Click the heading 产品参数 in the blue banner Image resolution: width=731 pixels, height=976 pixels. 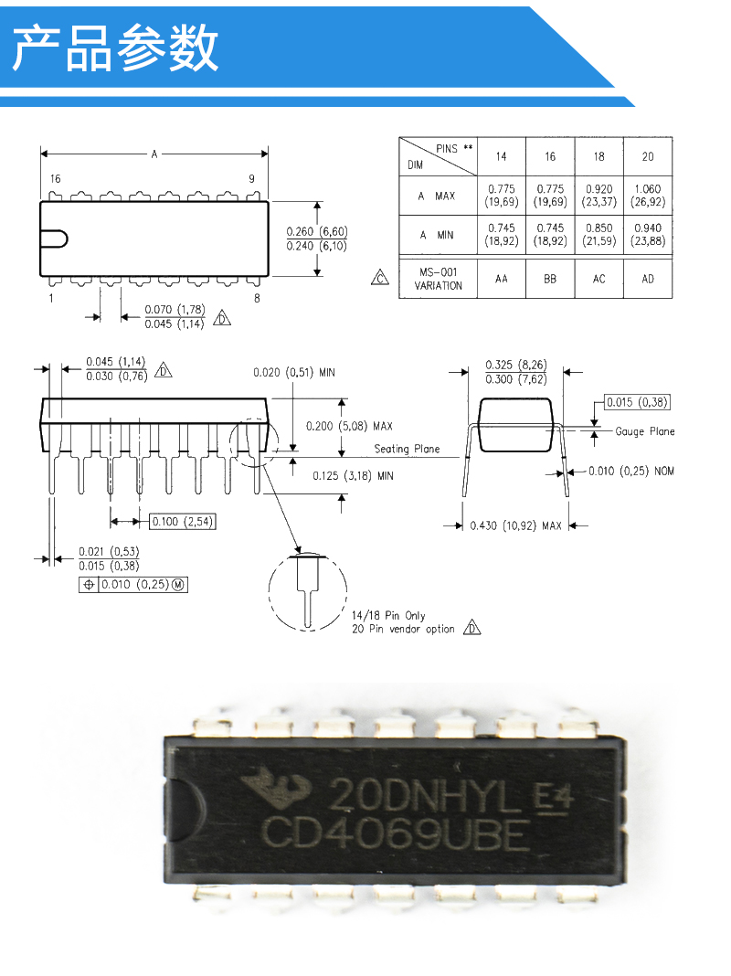pos(116,48)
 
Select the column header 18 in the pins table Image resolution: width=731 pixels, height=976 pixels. pos(599,157)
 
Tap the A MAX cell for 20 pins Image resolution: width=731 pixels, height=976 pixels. pos(648,196)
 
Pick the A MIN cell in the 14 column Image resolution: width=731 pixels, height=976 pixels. pos(502,235)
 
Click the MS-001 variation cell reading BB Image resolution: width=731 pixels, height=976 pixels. pos(550,279)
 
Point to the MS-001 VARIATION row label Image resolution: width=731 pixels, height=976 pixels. pos(438,279)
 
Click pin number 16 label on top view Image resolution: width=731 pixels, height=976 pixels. pos(56,178)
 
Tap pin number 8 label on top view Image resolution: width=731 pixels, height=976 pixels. pos(257,298)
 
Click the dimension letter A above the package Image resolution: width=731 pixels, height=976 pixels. pos(154,154)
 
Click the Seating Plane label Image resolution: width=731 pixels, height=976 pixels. pos(407,449)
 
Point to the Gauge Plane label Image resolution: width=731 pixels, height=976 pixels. pos(644,431)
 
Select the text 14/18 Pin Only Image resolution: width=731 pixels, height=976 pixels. pos(388,615)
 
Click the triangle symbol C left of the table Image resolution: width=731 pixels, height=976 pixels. pos(379,278)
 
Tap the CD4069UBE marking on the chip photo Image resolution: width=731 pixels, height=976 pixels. pos(396,834)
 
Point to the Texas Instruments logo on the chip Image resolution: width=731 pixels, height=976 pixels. pos(276,787)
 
